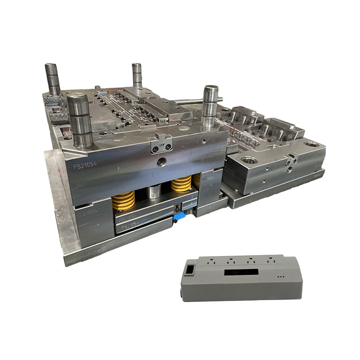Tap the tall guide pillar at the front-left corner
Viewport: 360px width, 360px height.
pos(80,119)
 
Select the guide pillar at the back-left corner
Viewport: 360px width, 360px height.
pos(52,79)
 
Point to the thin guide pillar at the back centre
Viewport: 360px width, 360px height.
pos(137,76)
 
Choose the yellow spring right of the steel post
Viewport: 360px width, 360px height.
pos(181,184)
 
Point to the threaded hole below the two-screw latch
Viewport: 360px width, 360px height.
pos(161,162)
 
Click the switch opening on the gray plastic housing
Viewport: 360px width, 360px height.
pos(190,270)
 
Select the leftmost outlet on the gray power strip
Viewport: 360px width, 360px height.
pos(211,261)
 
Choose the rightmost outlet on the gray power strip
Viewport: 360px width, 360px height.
pos(270,260)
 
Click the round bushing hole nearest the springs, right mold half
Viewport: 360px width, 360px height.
pos(249,160)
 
